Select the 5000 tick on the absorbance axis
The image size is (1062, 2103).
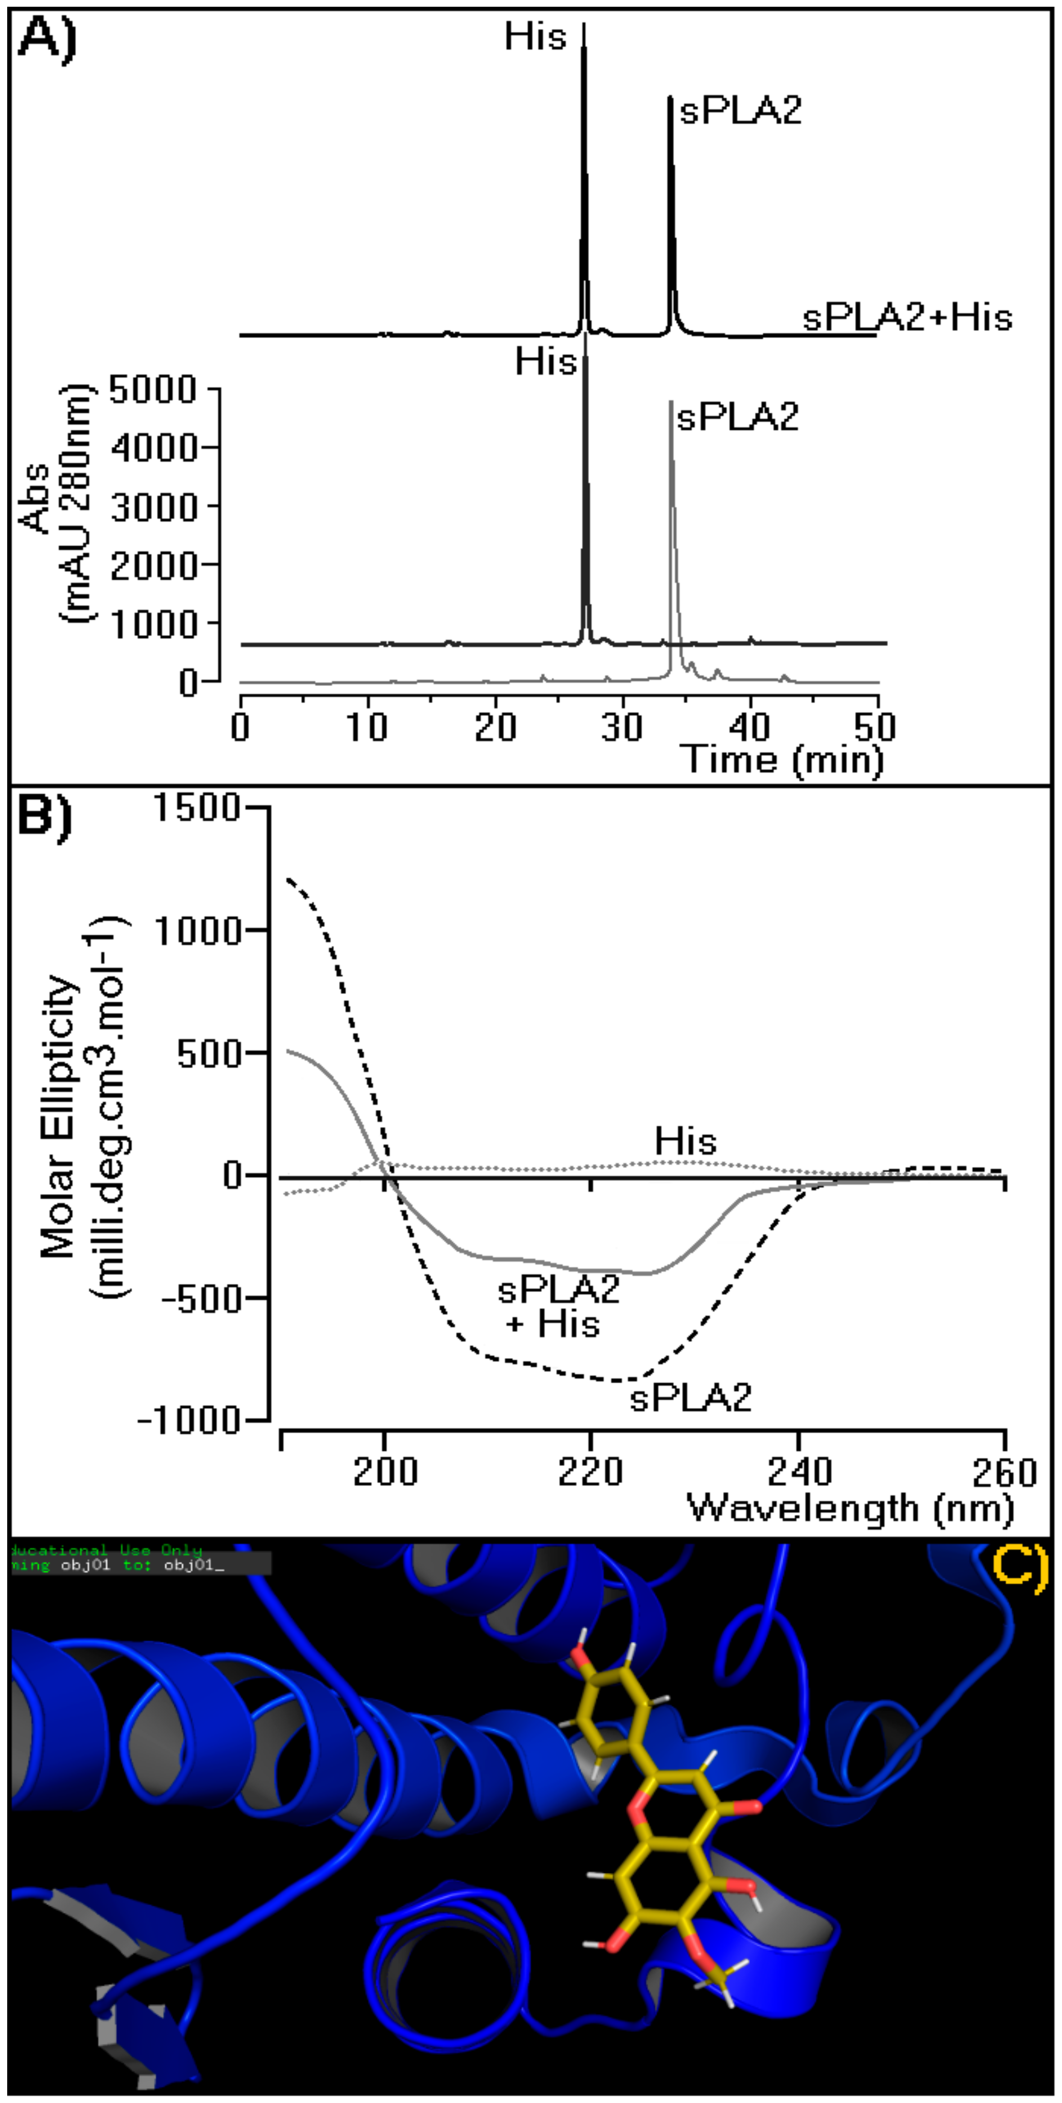point(153,389)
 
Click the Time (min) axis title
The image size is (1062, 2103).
point(782,759)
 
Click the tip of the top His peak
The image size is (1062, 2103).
point(584,24)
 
